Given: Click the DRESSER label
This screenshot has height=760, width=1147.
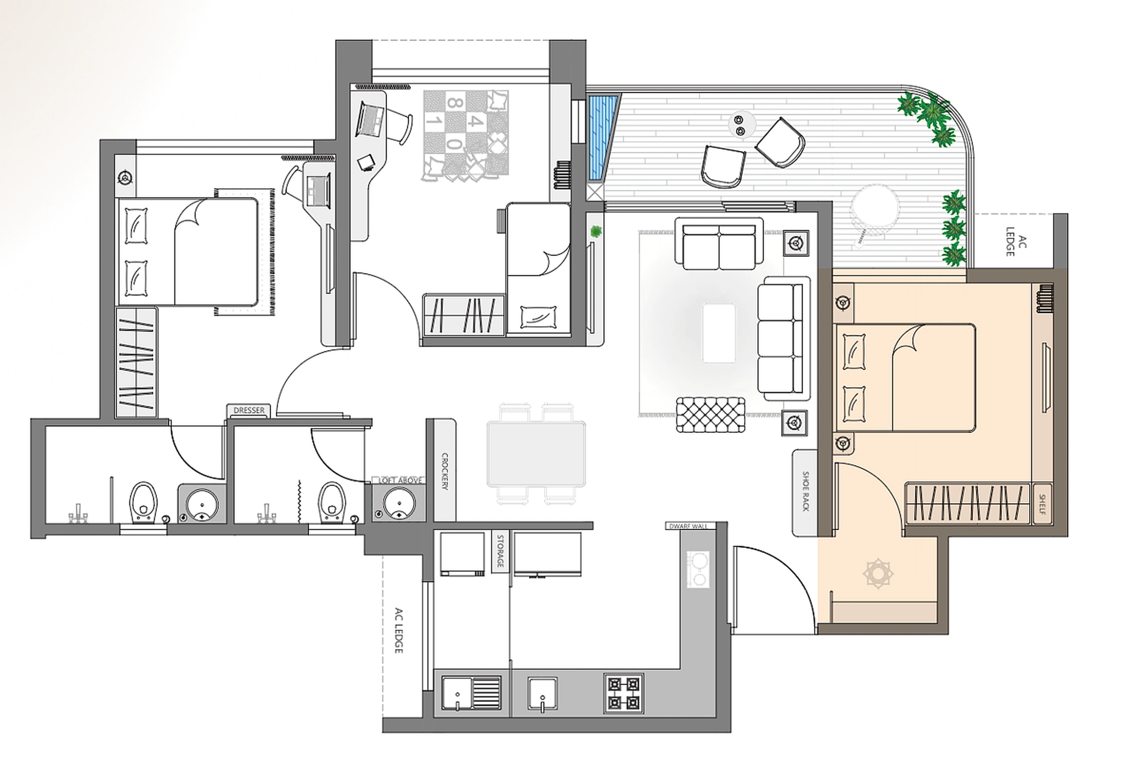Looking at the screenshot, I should click(x=249, y=411).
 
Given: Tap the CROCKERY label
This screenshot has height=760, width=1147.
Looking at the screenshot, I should click(x=445, y=471).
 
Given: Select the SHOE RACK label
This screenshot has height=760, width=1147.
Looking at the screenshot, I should click(x=805, y=491).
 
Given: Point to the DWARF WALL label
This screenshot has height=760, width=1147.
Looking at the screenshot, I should click(x=688, y=526).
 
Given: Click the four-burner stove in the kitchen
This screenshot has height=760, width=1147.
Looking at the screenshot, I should click(x=624, y=693).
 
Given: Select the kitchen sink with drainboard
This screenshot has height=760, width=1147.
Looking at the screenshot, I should click(x=471, y=693).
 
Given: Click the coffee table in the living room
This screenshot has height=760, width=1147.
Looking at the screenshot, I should click(x=719, y=333).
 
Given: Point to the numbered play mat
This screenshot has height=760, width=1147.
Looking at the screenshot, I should click(x=466, y=136).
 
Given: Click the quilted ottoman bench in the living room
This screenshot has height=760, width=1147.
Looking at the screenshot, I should click(x=711, y=415).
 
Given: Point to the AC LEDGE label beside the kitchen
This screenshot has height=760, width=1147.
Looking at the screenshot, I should click(x=399, y=630).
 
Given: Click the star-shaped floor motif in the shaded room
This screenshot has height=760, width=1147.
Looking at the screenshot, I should click(x=878, y=574).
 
